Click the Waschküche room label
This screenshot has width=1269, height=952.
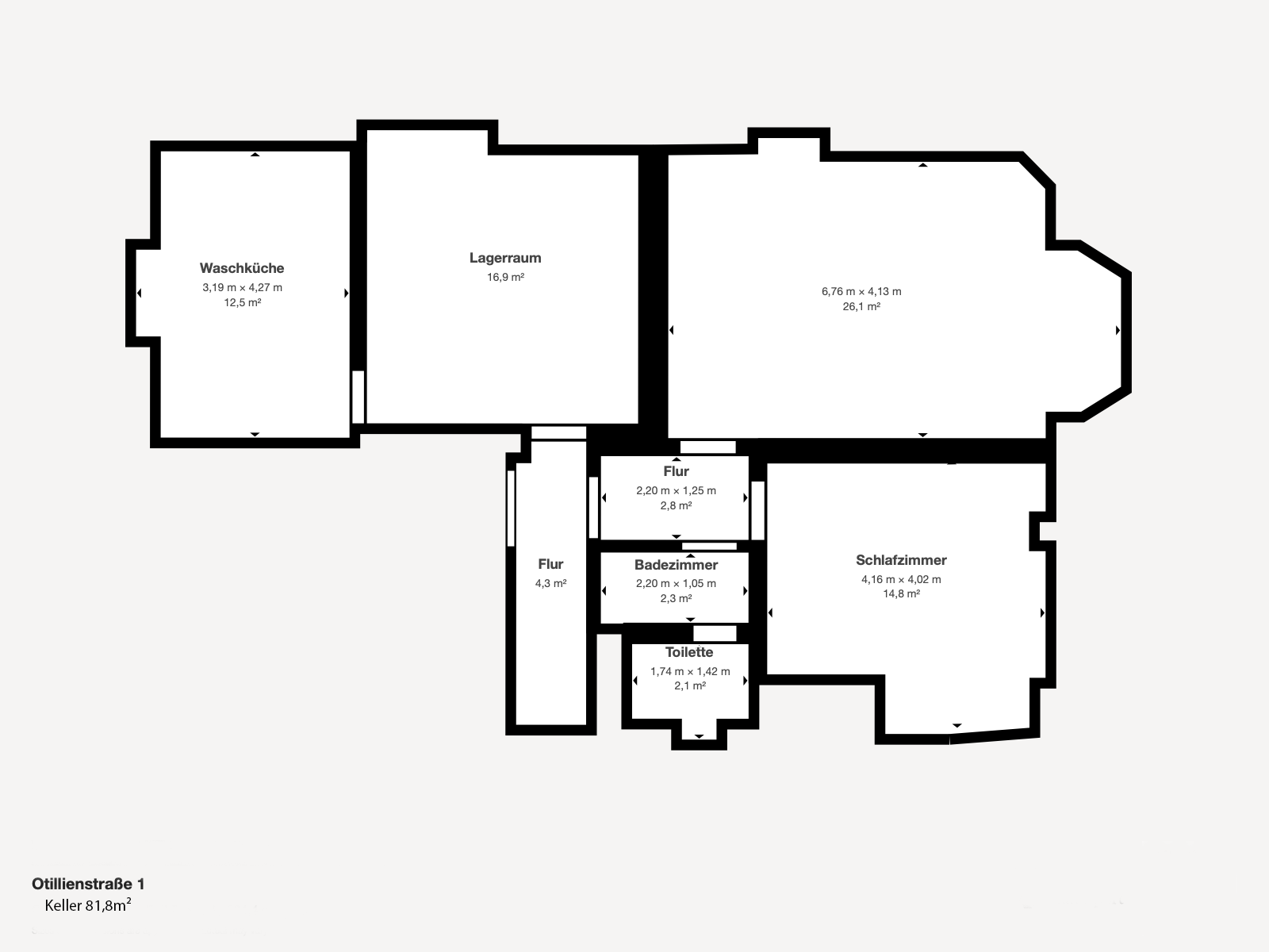[x=242, y=268]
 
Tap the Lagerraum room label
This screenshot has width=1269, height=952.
[x=505, y=258]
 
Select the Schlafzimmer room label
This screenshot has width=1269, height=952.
[x=901, y=560]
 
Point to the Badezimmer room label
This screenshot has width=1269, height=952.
[x=676, y=565]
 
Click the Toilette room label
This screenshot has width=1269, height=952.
[x=689, y=652]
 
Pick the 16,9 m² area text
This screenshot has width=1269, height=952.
[x=505, y=277]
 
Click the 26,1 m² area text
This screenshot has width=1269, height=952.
[x=861, y=306]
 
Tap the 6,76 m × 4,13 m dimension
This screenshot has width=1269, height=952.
[x=861, y=291]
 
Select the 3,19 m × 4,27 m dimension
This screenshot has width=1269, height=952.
[x=242, y=287]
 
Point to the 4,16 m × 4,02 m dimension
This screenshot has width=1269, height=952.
[x=901, y=579]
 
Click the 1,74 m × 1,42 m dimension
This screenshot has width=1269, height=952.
[x=690, y=671]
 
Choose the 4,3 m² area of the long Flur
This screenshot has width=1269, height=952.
[x=550, y=583]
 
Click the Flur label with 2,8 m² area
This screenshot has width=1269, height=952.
[x=676, y=471]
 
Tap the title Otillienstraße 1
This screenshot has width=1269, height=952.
[x=88, y=884]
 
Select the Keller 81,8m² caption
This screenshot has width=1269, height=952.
[x=88, y=904]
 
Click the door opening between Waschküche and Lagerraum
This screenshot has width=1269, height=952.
[x=358, y=397]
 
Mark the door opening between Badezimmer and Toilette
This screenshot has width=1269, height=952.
[x=715, y=633]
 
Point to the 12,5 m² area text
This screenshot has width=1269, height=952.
[x=242, y=302]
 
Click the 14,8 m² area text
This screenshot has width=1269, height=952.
[x=901, y=593]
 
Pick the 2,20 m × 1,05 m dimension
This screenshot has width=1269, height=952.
[x=676, y=583]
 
